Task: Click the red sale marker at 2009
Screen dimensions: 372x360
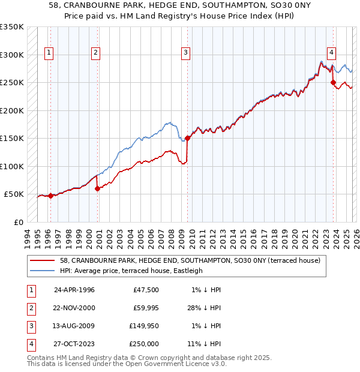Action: click(x=187, y=138)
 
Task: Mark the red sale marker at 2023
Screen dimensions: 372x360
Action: click(x=333, y=83)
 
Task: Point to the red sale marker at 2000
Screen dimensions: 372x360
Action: click(x=97, y=188)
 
